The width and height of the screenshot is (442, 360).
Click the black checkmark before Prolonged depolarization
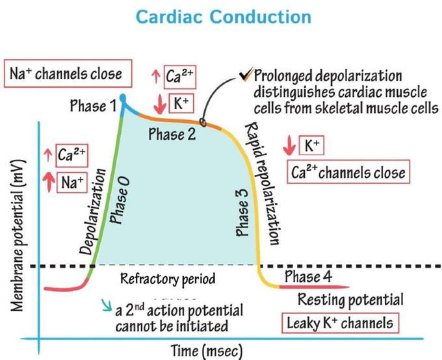click(x=244, y=76)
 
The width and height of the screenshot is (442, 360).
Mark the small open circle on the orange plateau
click(x=204, y=122)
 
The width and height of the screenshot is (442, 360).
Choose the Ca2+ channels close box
click(x=348, y=172)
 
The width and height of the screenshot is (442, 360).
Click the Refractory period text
click(x=168, y=279)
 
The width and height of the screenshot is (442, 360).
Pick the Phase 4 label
click(x=311, y=277)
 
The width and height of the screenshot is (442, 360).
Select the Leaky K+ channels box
click(x=340, y=322)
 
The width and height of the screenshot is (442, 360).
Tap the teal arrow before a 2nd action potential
click(x=105, y=304)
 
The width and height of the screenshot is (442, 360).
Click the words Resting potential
click(x=350, y=300)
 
